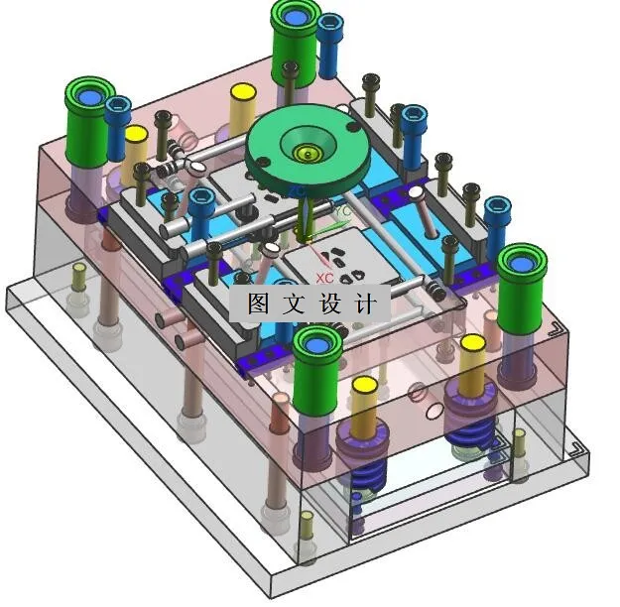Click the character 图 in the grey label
point(258,303)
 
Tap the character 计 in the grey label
point(364,303)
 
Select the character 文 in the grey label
point(293,303)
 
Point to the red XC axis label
point(324,278)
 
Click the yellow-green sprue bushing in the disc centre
point(307,153)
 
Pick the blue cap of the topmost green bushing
point(294,17)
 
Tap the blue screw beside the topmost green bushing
point(329,46)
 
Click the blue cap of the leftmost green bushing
point(89,97)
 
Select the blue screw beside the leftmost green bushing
point(118,128)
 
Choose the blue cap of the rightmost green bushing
point(522,264)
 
